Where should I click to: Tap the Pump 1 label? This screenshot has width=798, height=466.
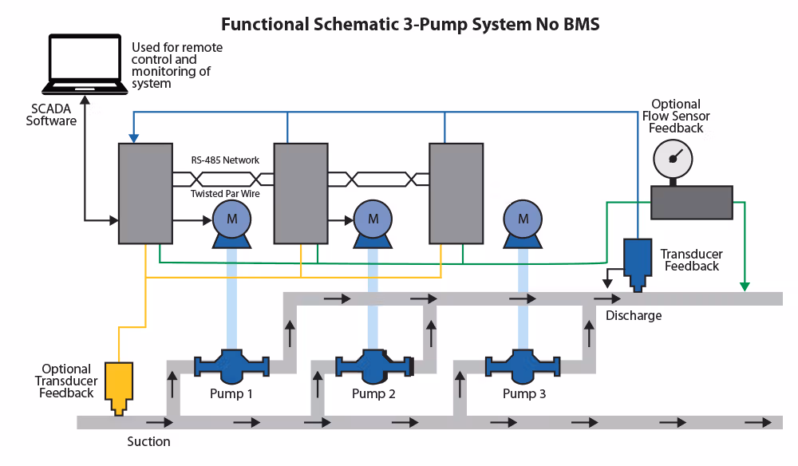[231, 394]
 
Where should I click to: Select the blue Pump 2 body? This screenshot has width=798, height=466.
[373, 365]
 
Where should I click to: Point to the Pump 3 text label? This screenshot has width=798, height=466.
[525, 394]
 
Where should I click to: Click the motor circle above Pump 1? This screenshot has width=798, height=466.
[232, 219]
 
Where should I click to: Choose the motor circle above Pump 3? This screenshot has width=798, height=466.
[523, 219]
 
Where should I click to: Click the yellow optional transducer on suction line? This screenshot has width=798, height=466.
[120, 387]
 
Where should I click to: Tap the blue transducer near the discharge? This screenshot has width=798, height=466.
[637, 262]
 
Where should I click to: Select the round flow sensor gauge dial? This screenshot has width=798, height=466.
[673, 159]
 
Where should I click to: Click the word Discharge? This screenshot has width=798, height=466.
[634, 315]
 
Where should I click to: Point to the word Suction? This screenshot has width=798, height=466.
[149, 441]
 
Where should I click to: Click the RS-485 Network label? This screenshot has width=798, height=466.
[225, 160]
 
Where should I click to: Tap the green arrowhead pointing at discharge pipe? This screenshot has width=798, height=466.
[745, 286]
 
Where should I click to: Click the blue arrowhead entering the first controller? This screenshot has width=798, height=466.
[133, 138]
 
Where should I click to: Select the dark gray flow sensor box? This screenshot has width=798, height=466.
[692, 202]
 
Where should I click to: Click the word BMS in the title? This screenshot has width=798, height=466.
[582, 25]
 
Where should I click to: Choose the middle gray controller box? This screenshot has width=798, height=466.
[301, 193]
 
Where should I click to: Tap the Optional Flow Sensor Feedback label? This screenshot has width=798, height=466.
[676, 116]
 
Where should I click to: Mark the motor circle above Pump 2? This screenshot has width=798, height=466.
[373, 219]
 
